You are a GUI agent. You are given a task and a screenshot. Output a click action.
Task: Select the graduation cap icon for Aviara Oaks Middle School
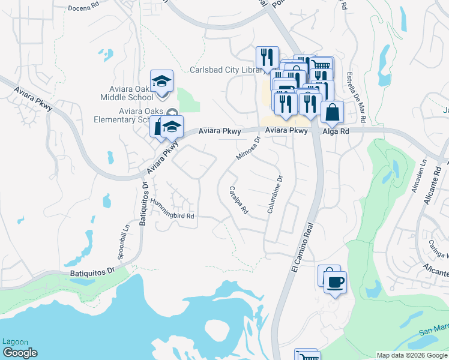pyautogui.click(x=161, y=81)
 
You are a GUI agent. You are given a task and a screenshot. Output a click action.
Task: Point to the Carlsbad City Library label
pyautogui.click(x=226, y=70)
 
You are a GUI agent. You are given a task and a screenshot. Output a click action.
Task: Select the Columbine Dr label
pyautogui.click(x=274, y=196)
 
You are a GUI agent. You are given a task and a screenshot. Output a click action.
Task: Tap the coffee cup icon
pyautogui.click(x=335, y=281)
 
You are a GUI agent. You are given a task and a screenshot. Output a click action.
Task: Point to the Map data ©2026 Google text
pyautogui.click(x=411, y=355)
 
